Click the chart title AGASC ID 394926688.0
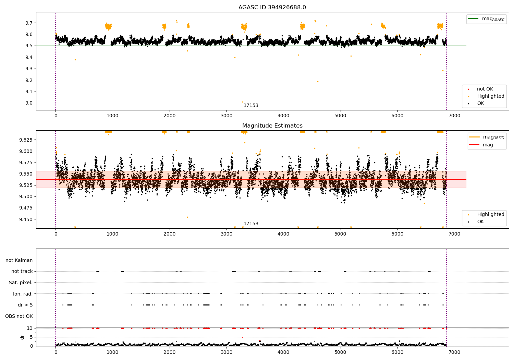pos(272,8)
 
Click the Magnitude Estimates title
pos(272,126)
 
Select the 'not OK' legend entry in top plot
pos(485,89)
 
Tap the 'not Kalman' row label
pos(19,261)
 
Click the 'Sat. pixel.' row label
pos(21,283)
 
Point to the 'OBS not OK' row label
pos(19,316)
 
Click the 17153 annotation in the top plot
pos(251,106)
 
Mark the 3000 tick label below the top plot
pos(227,116)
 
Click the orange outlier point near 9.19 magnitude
pos(318,81)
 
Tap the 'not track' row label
pos(22,272)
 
